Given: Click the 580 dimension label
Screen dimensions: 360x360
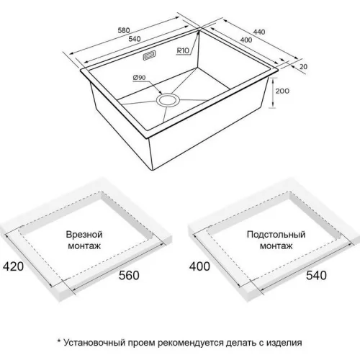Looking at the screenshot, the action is [x=124, y=30].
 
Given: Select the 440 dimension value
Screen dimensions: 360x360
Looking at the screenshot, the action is [x=258, y=32].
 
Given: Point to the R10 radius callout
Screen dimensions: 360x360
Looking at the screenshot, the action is [x=183, y=50].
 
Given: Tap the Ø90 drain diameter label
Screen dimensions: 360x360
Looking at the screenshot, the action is [x=139, y=78].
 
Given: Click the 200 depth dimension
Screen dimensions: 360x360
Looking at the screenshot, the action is [x=282, y=91].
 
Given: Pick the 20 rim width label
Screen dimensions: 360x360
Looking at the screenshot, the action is [x=303, y=66].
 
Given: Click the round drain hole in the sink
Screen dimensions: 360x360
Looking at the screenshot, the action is [x=168, y=100].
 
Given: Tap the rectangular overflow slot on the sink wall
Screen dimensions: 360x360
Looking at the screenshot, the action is [x=149, y=55].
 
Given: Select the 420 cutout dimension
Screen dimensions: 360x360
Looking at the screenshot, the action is [x=13, y=266].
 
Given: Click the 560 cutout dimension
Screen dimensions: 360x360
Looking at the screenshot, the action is [x=129, y=275].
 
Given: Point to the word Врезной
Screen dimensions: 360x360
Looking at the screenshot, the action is [x=84, y=235].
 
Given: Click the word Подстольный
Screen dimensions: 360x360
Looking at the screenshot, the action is [x=276, y=235].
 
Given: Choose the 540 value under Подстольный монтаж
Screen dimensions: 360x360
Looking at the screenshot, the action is [x=316, y=275].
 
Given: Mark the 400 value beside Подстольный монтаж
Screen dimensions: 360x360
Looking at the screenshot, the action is [x=199, y=266].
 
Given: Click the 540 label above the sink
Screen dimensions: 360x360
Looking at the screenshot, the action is [x=135, y=39].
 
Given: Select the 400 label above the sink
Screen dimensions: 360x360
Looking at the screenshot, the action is [x=246, y=40].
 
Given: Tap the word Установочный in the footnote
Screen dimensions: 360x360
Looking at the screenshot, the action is [x=94, y=342].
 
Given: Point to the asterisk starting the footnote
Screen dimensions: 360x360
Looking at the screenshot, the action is [x=59, y=341].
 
